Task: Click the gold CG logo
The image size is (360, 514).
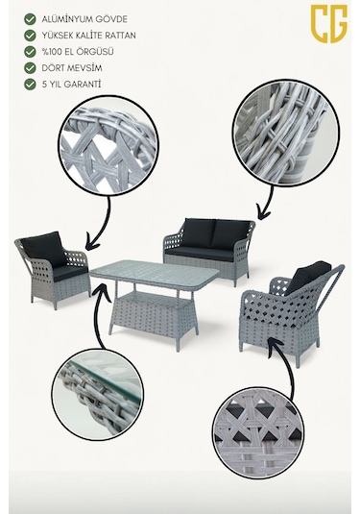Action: pyautogui.click(x=328, y=23)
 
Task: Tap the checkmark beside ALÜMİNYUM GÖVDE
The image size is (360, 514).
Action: pyautogui.click(x=30, y=19)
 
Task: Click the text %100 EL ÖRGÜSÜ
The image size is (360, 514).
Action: pyautogui.click(x=78, y=52)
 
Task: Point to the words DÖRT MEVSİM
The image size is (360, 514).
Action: pyautogui.click(x=72, y=68)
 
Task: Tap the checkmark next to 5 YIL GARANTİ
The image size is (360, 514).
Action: pyautogui.click(x=30, y=84)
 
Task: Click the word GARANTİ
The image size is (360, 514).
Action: pyautogui.click(x=83, y=84)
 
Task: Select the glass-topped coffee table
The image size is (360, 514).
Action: pyautogui.click(x=155, y=302)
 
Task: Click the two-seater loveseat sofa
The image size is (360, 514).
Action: pyautogui.click(x=209, y=250)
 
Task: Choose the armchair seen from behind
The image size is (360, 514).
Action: pyautogui.click(x=291, y=312)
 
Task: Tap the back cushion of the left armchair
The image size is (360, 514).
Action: pyautogui.click(x=43, y=249)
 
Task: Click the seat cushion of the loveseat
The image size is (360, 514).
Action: pyautogui.click(x=200, y=254)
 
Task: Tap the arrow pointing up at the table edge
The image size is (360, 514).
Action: pyautogui.click(x=100, y=314)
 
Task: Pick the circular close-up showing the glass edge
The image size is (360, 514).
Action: pyautogui.click(x=98, y=394)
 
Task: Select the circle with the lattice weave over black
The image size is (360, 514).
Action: pyautogui.click(x=258, y=432)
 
